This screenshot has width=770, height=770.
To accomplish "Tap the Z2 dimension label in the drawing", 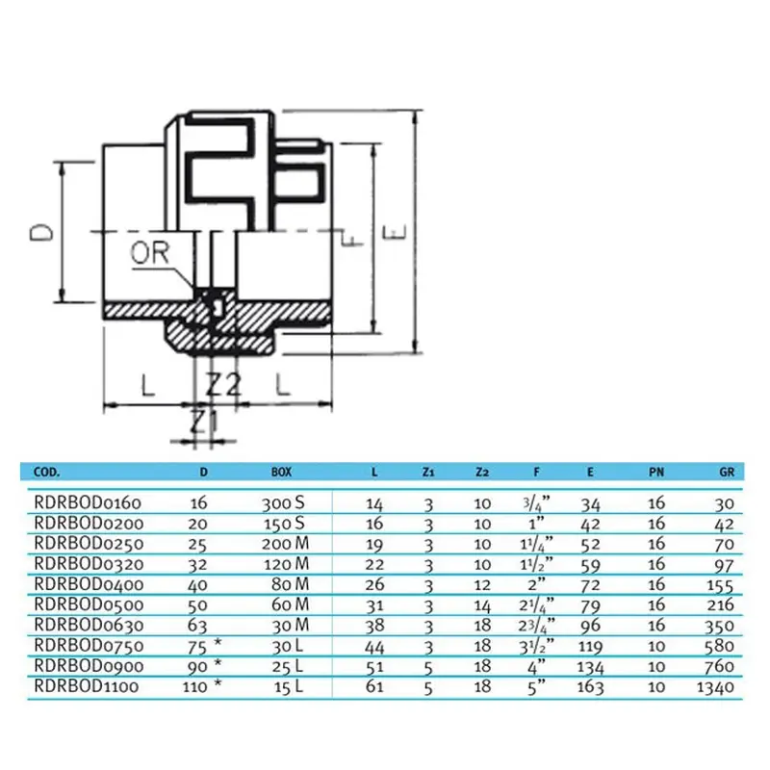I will pos(222,385).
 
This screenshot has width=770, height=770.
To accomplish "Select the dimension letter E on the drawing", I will pos(393,232).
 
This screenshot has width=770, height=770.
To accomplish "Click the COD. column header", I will pos(47,473).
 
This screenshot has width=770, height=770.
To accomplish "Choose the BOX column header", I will pos(281,473).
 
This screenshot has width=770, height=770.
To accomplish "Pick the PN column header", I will pos(655,473).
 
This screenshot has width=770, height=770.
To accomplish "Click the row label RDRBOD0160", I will pos(88,502).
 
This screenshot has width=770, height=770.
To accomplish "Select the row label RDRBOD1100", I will pos(88,686).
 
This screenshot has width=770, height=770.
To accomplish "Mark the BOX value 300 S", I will pos(283,502).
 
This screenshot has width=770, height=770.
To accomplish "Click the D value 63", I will pos(203,625).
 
